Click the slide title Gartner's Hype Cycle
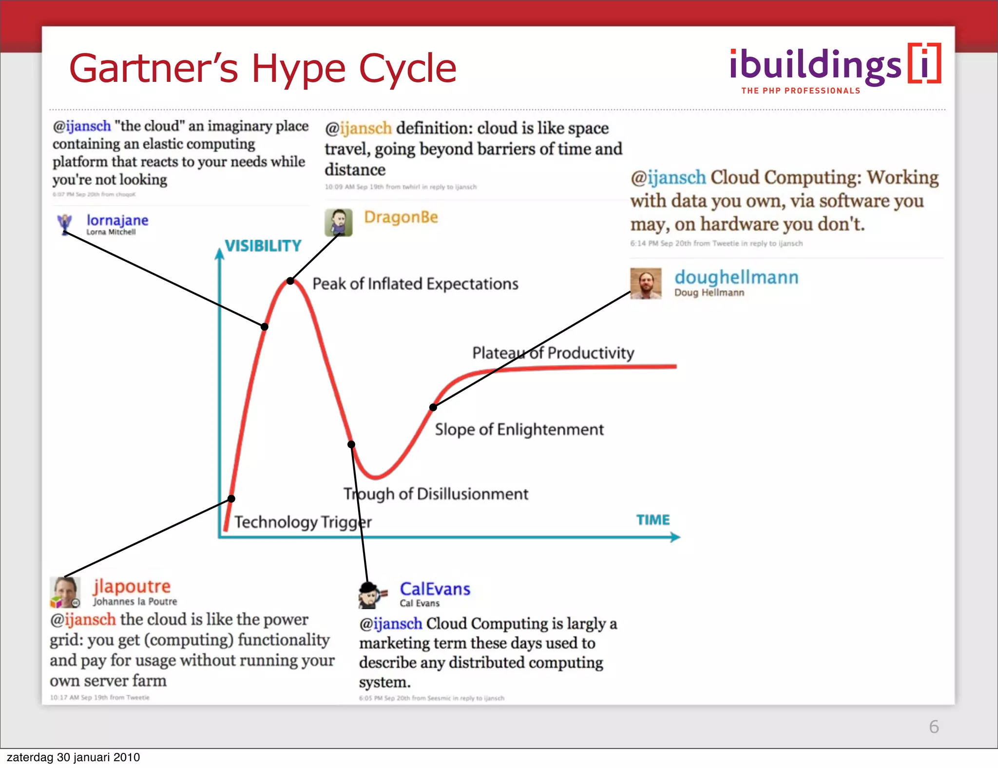[263, 69]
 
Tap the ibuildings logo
[835, 68]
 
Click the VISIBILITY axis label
[263, 246]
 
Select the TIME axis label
[653, 520]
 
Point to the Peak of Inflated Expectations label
[415, 284]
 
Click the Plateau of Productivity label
[553, 353]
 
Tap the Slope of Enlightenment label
[519, 429]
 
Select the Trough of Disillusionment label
[436, 494]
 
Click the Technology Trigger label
[303, 522]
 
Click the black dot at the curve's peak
[290, 281]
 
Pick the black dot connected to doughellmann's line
[433, 407]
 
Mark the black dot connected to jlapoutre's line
[231, 499]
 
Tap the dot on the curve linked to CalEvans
[351, 444]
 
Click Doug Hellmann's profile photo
[646, 283]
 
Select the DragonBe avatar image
[339, 223]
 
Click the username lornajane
[117, 220]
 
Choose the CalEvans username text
[435, 589]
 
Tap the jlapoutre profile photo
[65, 592]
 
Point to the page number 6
[934, 727]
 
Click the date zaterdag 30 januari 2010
[74, 757]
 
